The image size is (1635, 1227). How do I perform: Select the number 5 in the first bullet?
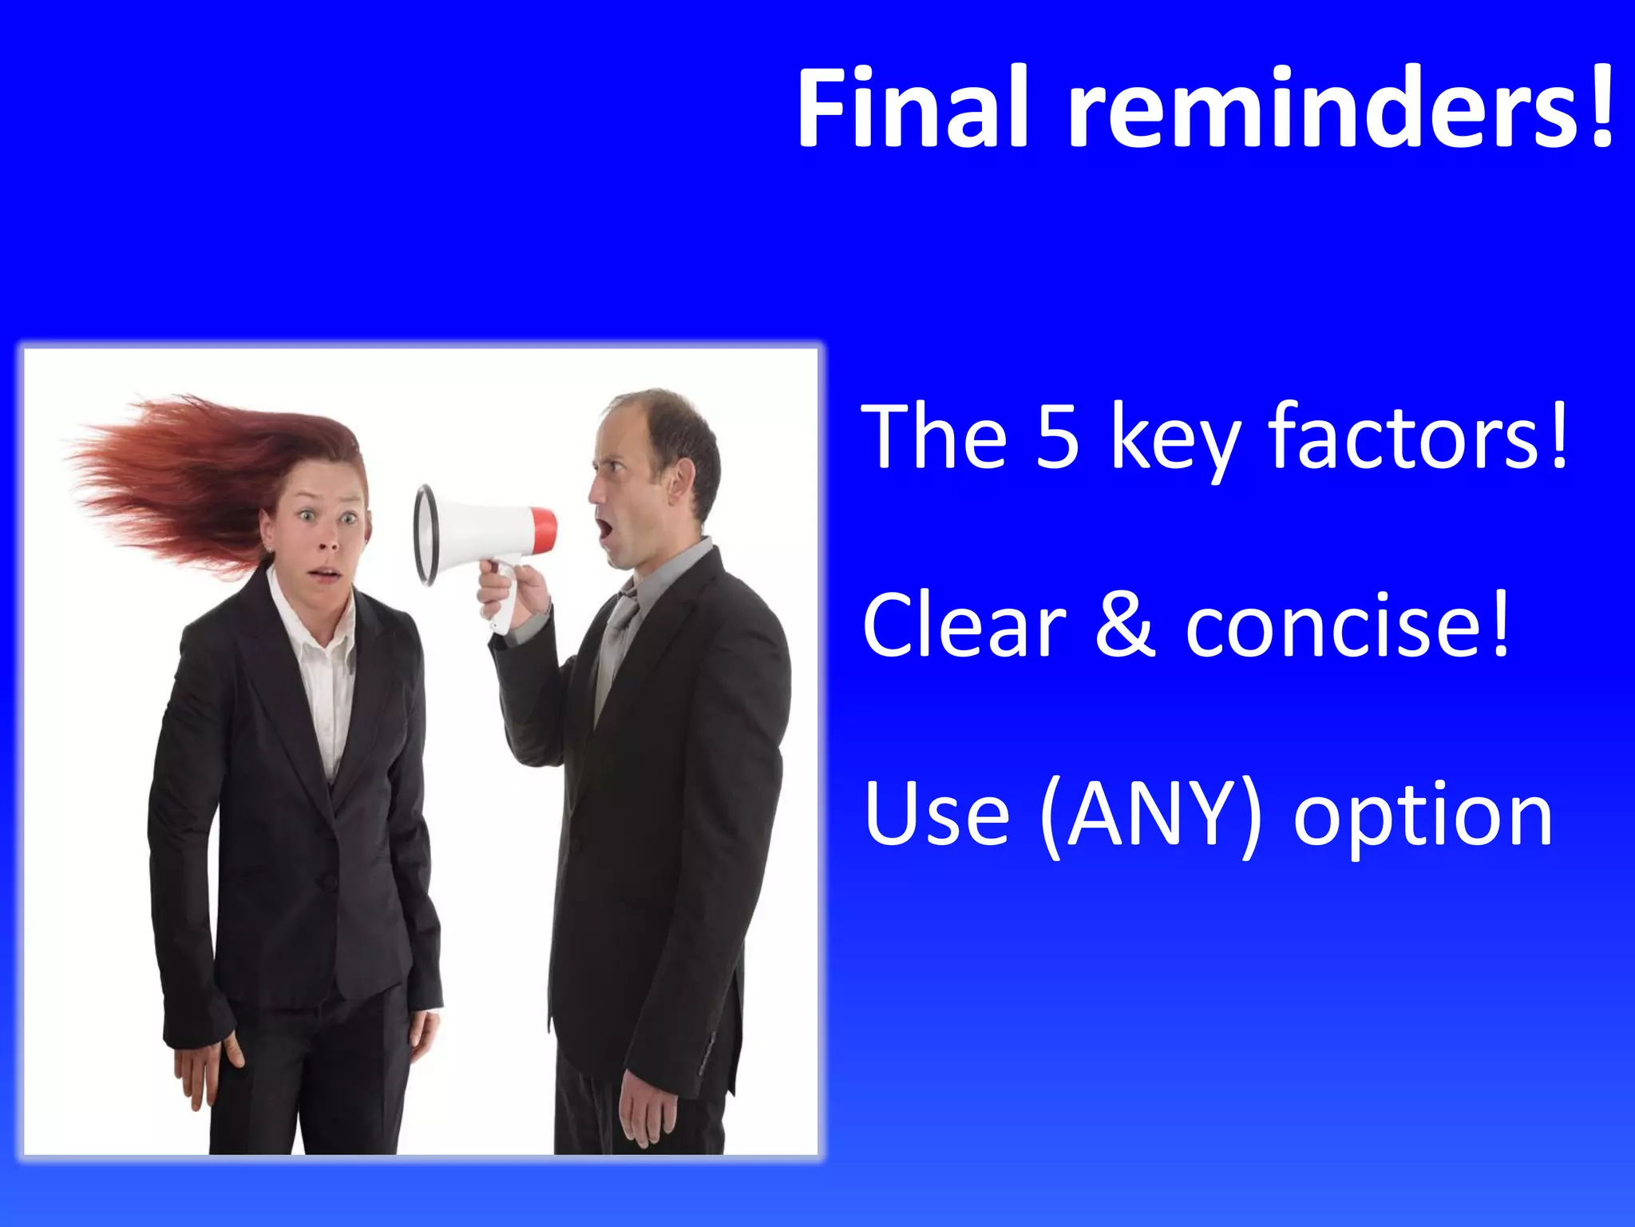(1058, 438)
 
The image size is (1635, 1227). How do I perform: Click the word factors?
(1417, 438)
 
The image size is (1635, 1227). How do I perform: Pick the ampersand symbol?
(1126, 627)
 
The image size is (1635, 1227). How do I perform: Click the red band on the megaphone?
(544, 530)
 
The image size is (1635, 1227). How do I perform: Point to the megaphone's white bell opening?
(426, 534)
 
